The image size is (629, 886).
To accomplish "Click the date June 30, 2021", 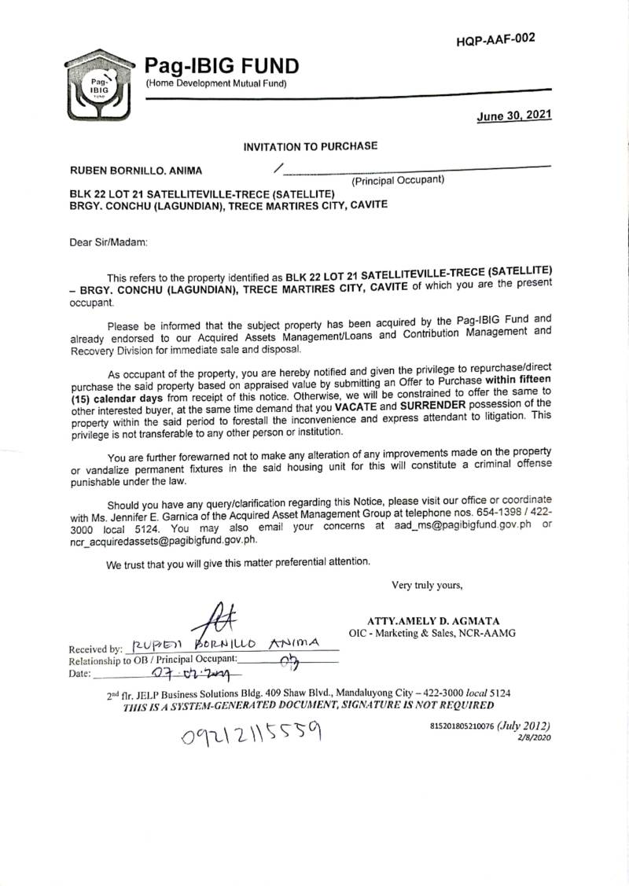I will [514, 116].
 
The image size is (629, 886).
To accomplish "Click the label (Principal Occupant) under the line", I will [397, 180].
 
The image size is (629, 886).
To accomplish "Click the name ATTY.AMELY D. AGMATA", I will [432, 621].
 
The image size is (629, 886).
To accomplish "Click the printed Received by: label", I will [96, 649].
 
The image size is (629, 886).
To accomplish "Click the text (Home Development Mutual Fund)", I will [215, 83].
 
